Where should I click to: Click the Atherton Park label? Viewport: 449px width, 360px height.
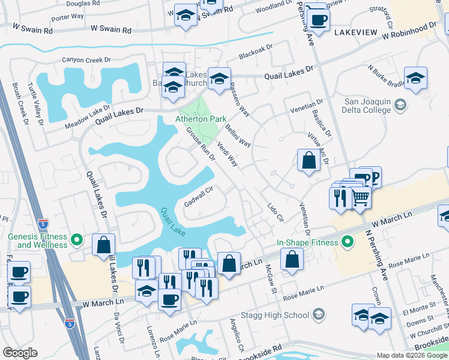pos(200,119)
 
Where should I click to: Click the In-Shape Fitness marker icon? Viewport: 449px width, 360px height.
pos(347,242)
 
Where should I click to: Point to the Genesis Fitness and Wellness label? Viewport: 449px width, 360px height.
pos(38,241)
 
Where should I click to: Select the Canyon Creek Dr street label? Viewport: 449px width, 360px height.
pos(87,60)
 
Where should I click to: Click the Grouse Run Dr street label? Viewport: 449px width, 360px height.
pos(200,143)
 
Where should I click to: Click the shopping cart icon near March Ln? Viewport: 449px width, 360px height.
pos(360,196)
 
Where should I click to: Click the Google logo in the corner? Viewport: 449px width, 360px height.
pos(20,353)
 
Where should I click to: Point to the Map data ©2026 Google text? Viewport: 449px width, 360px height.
pos(411,355)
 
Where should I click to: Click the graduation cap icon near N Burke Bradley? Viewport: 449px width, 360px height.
pos(415,78)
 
